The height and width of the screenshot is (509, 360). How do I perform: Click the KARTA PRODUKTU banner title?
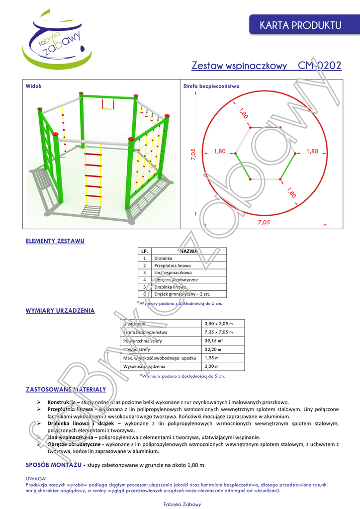point(300,25)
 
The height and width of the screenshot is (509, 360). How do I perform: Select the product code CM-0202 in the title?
point(319,66)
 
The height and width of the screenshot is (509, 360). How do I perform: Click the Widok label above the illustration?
point(34,86)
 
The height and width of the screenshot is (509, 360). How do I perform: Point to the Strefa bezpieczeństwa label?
point(211,86)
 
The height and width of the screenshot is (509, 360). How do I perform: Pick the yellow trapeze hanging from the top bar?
point(108,104)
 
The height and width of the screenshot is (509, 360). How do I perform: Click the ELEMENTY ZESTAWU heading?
point(55,241)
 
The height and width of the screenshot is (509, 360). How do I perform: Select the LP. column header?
point(144,252)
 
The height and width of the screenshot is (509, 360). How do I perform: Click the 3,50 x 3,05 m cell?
point(219,324)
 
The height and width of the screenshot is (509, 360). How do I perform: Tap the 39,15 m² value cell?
point(214,341)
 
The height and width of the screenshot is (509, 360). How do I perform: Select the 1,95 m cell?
point(212,358)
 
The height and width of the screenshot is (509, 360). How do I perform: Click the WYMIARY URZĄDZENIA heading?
point(60,311)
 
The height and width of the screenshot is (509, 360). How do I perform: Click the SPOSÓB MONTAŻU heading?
point(53,464)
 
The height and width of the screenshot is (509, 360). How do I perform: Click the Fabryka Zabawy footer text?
point(182,504)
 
